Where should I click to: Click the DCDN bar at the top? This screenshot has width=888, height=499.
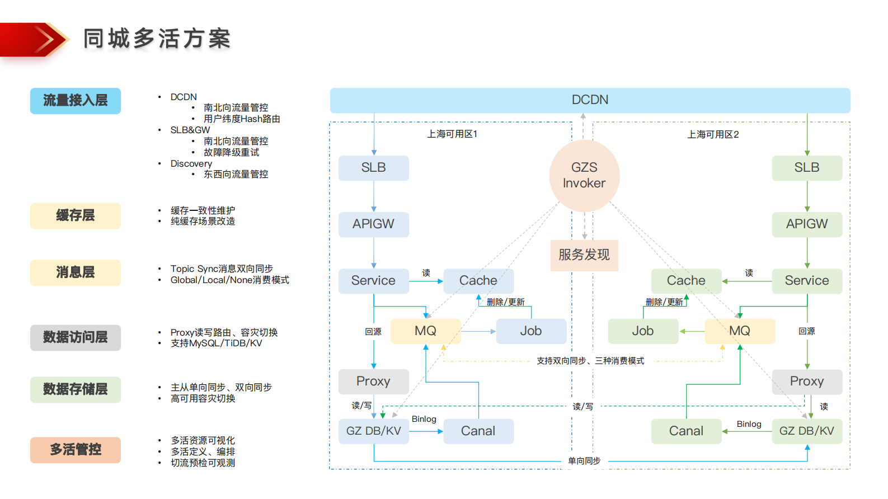(590, 100)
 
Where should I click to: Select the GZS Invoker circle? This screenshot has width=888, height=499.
(584, 176)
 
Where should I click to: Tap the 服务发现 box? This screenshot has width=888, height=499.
(584, 255)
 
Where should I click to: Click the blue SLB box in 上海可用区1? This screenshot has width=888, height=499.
(373, 168)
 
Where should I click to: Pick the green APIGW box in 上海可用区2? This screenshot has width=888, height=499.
(806, 224)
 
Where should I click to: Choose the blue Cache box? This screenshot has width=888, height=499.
(478, 281)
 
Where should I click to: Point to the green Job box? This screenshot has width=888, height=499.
(643, 331)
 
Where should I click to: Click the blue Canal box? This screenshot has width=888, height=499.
(478, 431)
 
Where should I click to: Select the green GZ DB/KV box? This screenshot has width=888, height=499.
(806, 431)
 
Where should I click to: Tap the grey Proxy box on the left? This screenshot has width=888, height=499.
(373, 382)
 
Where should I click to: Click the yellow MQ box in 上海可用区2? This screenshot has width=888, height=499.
(740, 331)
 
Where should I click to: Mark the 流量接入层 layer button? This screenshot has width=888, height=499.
(76, 101)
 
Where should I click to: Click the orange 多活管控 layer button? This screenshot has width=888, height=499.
(76, 450)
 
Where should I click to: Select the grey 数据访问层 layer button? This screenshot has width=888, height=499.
(76, 337)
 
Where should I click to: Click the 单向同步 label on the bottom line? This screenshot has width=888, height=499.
(584, 461)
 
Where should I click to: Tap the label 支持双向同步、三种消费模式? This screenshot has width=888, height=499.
(590, 361)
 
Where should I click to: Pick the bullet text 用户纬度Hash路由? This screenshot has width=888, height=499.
(242, 119)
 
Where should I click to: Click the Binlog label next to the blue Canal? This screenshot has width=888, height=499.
(424, 419)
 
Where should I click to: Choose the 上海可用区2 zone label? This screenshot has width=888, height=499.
(713, 135)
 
